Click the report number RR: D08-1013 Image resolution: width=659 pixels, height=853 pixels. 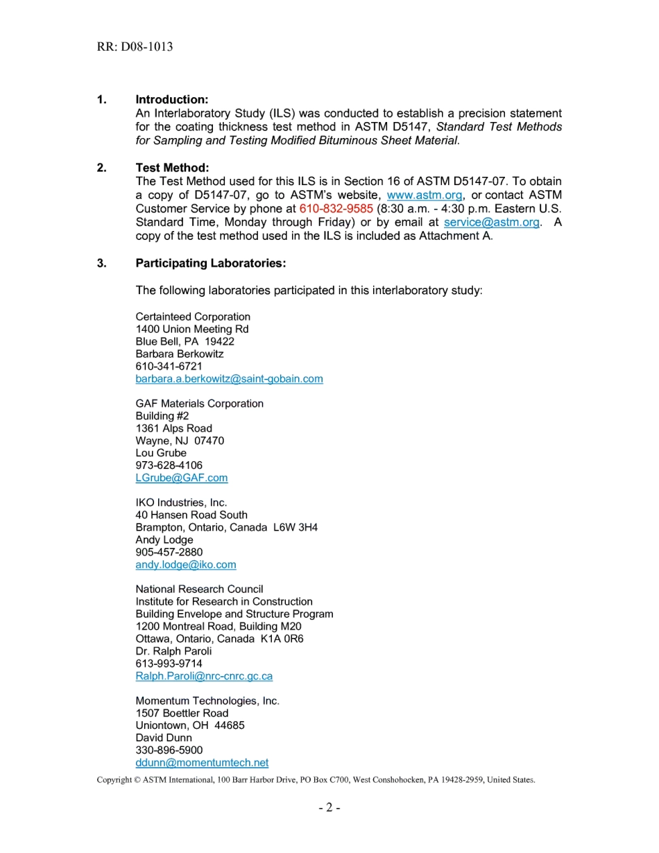135,47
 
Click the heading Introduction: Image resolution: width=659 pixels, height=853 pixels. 172,100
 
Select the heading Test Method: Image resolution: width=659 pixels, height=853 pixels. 172,169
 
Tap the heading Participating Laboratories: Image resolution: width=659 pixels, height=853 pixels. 211,264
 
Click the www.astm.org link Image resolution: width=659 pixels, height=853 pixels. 425,196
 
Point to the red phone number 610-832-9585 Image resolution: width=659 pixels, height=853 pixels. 336,209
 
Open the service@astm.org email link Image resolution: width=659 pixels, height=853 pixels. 491,222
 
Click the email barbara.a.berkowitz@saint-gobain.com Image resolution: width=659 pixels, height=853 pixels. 229,379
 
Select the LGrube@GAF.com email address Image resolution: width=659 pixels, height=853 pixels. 182,478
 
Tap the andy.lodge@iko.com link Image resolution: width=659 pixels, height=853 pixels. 186,565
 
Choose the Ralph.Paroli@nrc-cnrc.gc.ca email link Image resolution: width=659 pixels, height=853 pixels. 204,676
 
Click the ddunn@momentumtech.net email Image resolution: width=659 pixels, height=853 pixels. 202,763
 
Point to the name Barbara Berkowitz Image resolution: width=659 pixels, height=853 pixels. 180,354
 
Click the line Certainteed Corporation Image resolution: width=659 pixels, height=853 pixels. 193,317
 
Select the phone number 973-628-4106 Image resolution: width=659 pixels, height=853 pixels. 169,465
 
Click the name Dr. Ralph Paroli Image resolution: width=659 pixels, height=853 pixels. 173,651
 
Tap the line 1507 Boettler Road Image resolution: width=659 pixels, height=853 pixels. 182,713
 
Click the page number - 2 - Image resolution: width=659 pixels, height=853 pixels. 329,808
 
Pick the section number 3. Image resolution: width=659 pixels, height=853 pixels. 102,264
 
